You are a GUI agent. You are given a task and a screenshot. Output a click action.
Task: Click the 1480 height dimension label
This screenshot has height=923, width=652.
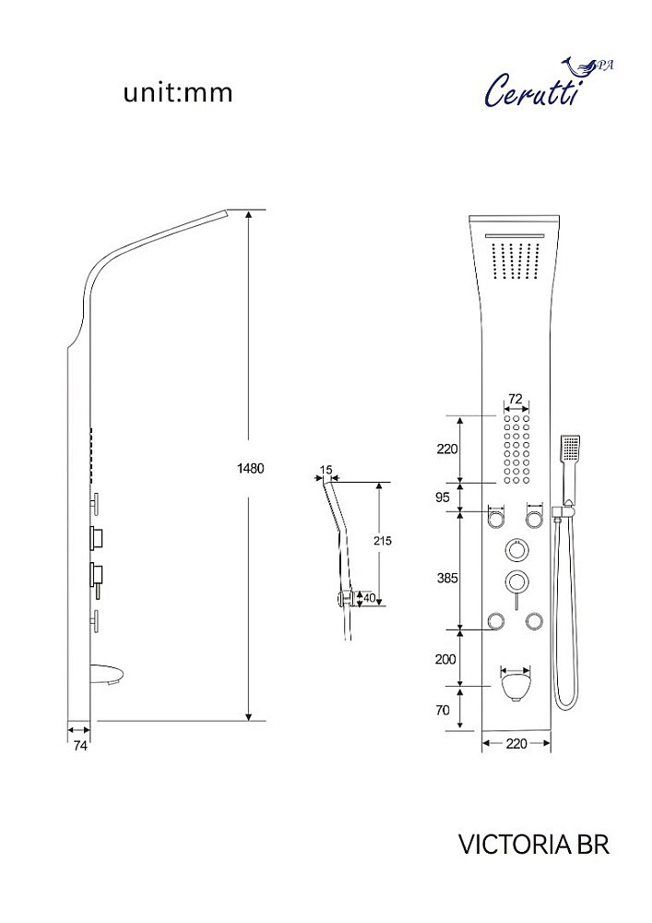tap(251, 469)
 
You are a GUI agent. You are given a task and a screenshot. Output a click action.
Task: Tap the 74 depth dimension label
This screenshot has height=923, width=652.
tap(80, 745)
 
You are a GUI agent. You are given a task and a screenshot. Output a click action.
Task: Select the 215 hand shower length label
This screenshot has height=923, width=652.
tap(383, 540)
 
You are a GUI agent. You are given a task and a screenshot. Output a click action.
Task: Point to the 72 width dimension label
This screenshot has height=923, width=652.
tap(516, 399)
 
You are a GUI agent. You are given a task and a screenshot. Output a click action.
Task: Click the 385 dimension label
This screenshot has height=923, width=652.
tap(447, 578)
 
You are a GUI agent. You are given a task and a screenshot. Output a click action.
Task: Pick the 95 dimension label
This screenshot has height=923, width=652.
tap(442, 497)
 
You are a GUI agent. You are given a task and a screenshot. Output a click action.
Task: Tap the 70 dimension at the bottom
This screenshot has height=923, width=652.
tap(442, 710)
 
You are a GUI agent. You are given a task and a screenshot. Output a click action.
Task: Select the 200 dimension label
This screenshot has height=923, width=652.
tap(445, 659)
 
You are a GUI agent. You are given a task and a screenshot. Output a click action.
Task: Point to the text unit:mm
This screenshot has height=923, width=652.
tap(178, 93)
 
